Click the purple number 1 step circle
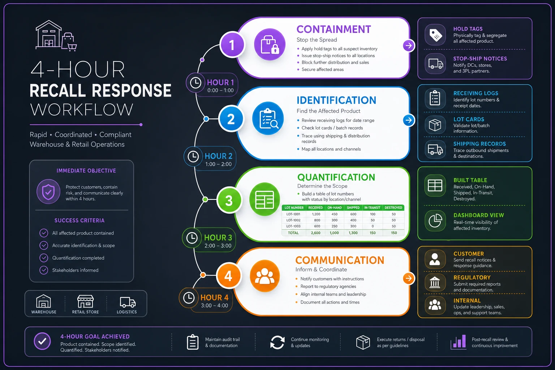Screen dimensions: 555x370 [232, 45]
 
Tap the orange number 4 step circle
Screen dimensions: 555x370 [229, 276]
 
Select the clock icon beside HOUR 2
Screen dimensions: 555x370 [193, 156]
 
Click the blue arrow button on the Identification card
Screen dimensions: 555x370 [409, 120]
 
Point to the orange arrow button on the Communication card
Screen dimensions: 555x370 [409, 278]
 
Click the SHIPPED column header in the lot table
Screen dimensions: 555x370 [353, 208]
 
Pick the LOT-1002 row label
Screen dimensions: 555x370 [293, 220]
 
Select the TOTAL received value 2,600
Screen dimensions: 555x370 [316, 233]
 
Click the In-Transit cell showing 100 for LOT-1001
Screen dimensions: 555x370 [373, 214]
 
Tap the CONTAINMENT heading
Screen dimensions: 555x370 [334, 29]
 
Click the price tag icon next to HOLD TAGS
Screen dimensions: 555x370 [435, 35]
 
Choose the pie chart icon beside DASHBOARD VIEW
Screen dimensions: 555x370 [435, 220]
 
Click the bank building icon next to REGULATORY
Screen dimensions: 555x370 [435, 282]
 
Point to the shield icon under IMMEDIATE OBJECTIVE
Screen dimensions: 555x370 [48, 192]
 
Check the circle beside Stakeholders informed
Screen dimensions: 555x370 [44, 270]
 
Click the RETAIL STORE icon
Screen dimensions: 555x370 [86, 301]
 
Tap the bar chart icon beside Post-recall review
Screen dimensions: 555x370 [458, 342]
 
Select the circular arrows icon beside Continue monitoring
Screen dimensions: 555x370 [277, 343]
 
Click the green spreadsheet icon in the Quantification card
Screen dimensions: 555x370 [264, 199]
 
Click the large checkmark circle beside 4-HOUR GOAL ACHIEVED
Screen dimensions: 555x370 [42, 341]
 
